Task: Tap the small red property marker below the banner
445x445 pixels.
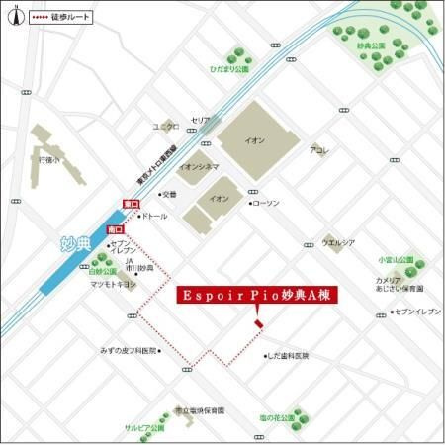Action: (x=258, y=322)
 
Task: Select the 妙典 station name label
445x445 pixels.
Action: (x=64, y=242)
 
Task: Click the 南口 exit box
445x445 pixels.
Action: (x=115, y=227)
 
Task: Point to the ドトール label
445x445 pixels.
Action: (x=154, y=215)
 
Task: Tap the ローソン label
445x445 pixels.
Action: (x=265, y=203)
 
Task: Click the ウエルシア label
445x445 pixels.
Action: (x=338, y=241)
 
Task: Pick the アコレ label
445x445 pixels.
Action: (x=318, y=150)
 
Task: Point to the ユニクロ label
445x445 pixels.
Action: (x=165, y=127)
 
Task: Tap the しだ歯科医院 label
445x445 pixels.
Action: (x=289, y=355)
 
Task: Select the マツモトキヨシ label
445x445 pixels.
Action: (x=113, y=284)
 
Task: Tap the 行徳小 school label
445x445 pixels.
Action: (x=50, y=158)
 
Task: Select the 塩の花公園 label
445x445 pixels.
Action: (x=278, y=418)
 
